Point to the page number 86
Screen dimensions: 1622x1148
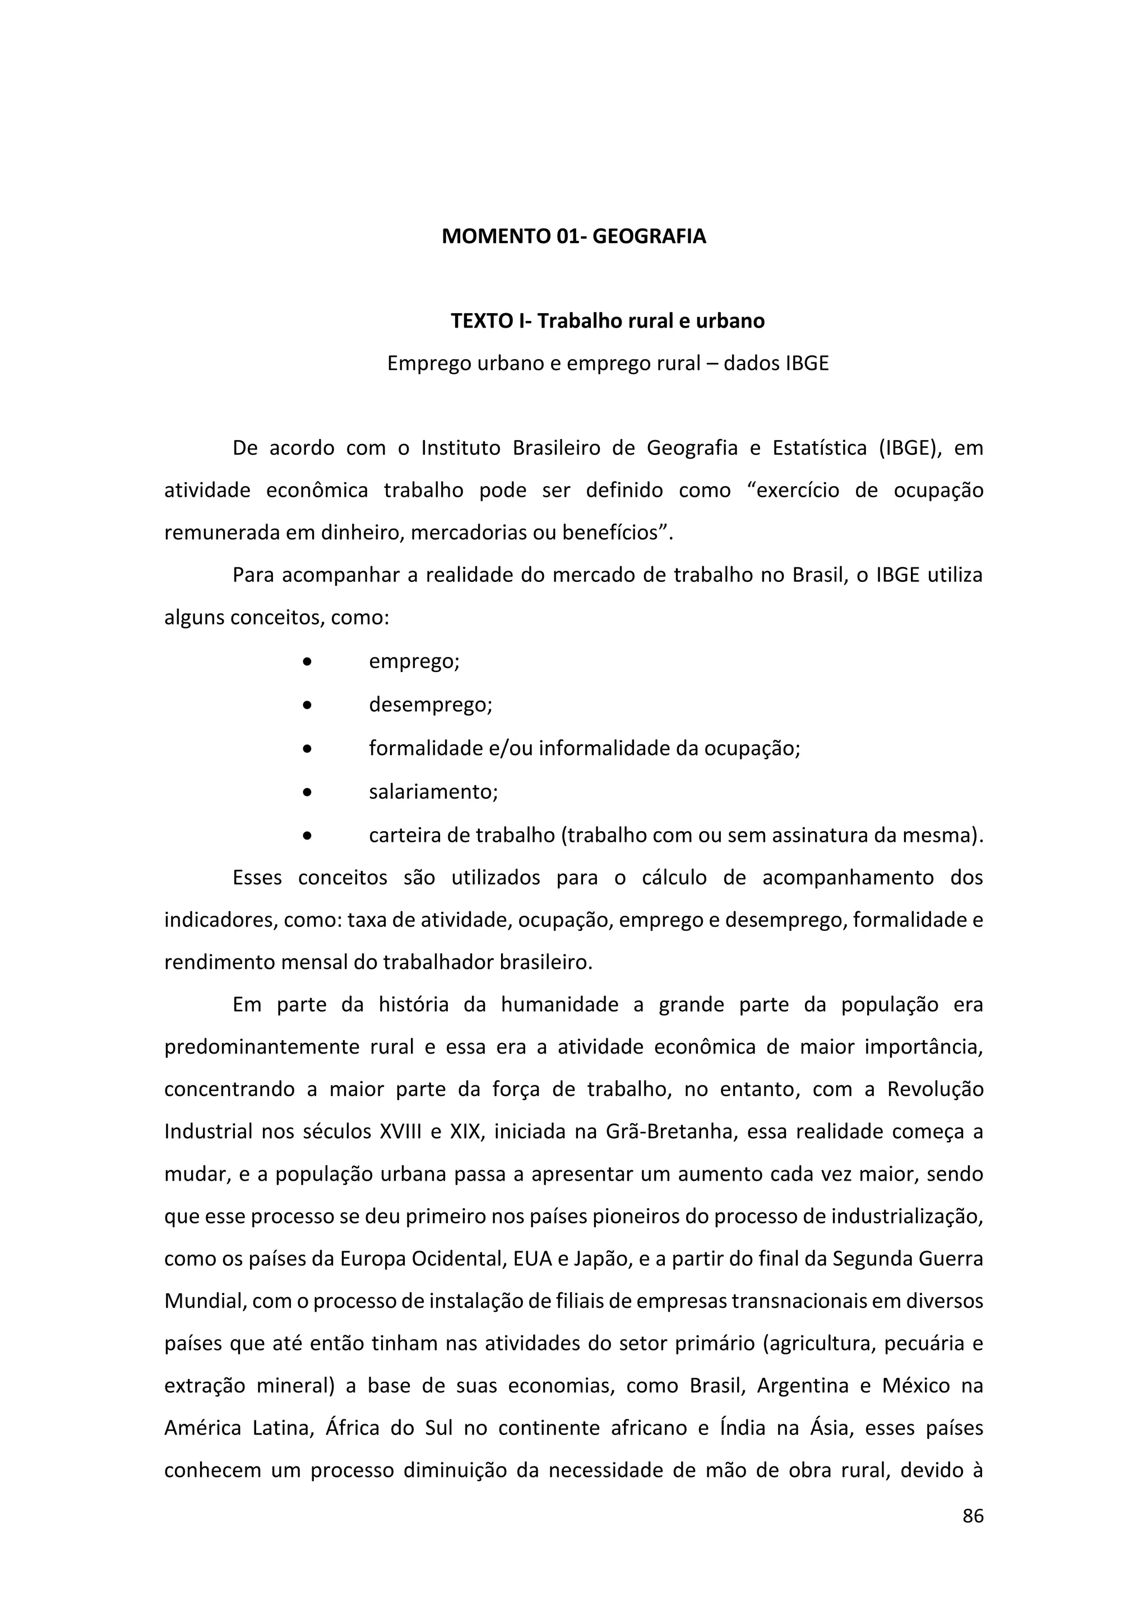point(973,1516)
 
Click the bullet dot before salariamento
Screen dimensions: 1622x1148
point(307,793)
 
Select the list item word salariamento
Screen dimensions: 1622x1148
point(433,792)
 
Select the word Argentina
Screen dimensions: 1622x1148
point(802,1386)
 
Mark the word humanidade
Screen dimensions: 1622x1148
point(559,1005)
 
